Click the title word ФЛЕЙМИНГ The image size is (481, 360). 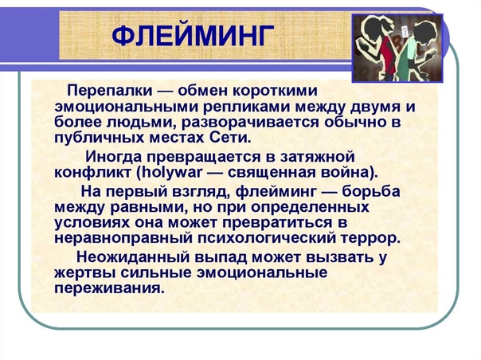click(193, 36)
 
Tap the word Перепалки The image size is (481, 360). click(110, 91)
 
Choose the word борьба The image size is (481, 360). click(371, 191)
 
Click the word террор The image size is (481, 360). click(370, 238)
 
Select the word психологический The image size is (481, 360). click(267, 238)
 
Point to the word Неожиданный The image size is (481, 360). click(133, 256)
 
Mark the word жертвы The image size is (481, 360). click(84, 273)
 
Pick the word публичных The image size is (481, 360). click(99, 138)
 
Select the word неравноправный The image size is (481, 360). click(123, 238)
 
